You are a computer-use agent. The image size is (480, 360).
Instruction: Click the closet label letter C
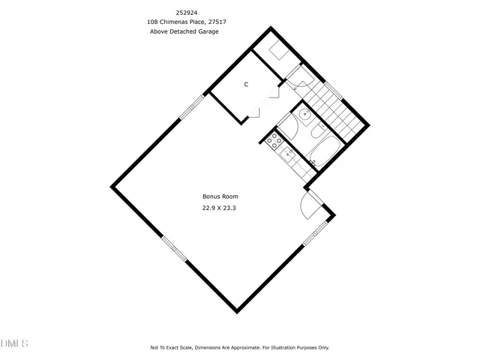(x=245, y=84)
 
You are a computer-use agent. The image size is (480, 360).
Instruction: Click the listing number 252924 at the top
(x=187, y=13)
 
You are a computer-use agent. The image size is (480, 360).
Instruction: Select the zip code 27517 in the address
(x=215, y=22)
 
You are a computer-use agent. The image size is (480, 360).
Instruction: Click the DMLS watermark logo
(x=14, y=343)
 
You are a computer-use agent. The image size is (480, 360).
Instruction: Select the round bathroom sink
(x=304, y=115)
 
